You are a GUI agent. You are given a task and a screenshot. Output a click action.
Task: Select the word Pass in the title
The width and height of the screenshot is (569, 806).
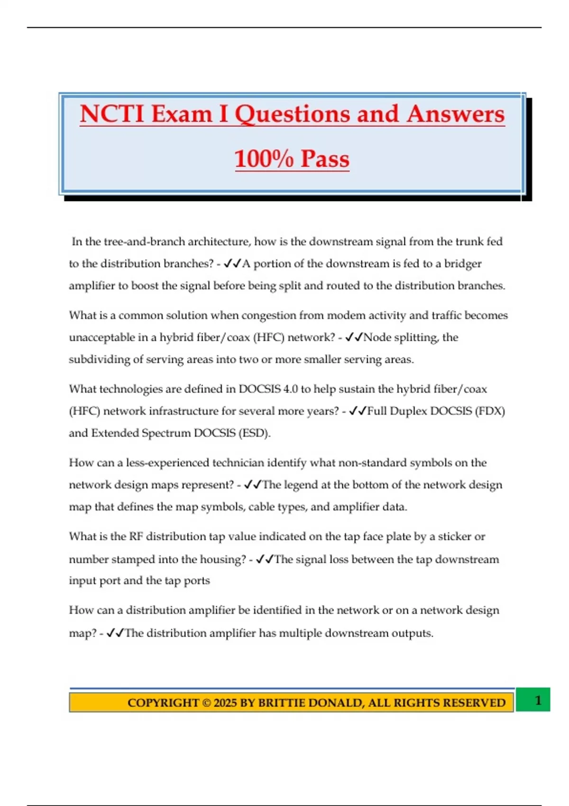tap(325, 159)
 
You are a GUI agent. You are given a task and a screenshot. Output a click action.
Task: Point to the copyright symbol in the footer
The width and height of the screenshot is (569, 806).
tap(206, 703)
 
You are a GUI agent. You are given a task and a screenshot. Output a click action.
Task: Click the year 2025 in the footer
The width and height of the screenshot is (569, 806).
tap(225, 703)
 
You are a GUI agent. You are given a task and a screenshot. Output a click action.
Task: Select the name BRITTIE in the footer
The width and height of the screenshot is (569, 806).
tap(282, 703)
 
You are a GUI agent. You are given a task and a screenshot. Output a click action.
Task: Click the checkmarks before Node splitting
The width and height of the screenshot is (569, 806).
tap(354, 338)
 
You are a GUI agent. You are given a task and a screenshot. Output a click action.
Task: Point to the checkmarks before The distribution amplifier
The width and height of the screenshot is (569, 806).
tap(115, 633)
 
